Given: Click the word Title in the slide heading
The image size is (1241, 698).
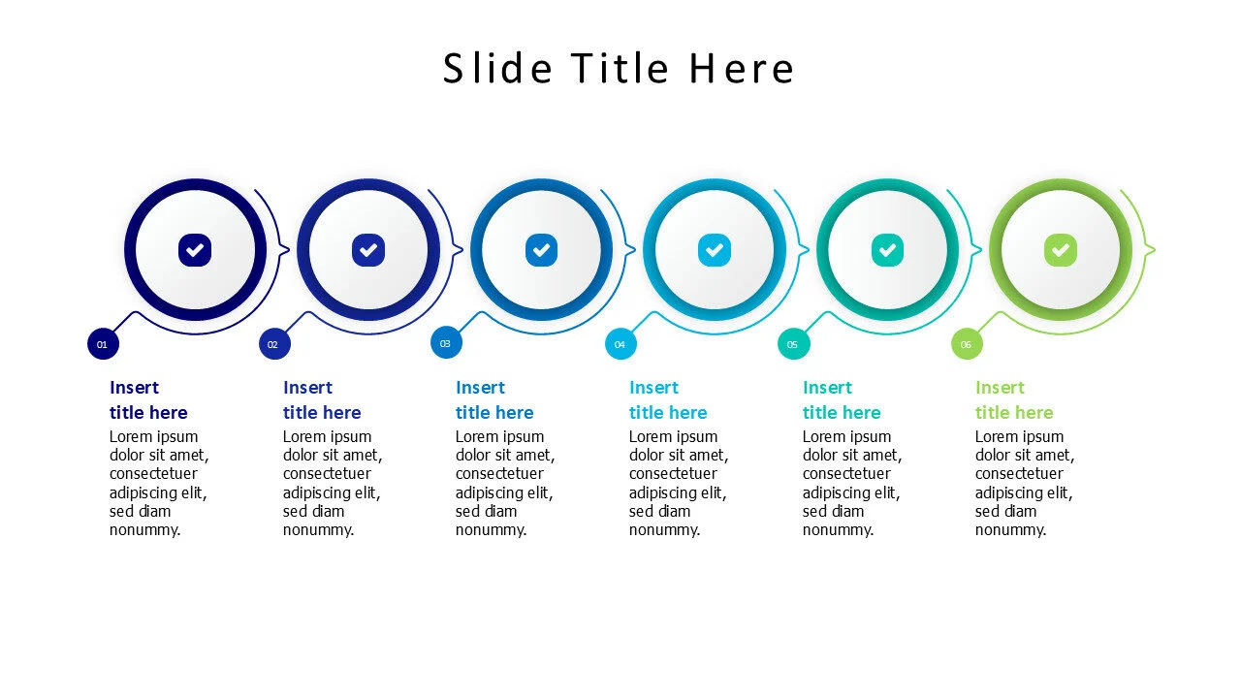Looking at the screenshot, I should [620, 69].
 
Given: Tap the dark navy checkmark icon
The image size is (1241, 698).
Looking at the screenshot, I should [195, 250].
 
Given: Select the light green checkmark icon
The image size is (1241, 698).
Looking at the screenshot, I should [1061, 250].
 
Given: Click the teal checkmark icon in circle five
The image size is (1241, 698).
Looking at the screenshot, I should [887, 250].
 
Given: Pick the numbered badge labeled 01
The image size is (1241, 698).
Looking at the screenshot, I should [103, 344].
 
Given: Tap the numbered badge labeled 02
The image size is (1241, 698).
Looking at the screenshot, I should [274, 344].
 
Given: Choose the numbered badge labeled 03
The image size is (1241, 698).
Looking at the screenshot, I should [446, 343].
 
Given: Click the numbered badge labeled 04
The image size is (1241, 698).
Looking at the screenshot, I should [620, 344].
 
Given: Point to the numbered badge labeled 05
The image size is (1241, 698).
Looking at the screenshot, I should [793, 344].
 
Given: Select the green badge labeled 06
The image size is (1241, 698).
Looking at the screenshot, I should [967, 344].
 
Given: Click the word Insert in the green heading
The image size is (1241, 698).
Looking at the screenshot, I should [1000, 388].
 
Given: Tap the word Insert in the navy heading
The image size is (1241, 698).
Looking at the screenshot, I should [134, 388].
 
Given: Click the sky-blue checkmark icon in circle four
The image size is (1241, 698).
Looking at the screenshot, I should [715, 250].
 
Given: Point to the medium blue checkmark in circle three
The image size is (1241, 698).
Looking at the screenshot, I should [541, 250].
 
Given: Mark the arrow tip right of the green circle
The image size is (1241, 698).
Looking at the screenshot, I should [1153, 250].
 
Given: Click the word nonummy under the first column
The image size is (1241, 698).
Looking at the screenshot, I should [143, 530].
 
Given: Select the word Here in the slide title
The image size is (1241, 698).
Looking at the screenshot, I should [742, 69].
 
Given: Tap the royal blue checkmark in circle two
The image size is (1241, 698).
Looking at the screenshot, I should [368, 250].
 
